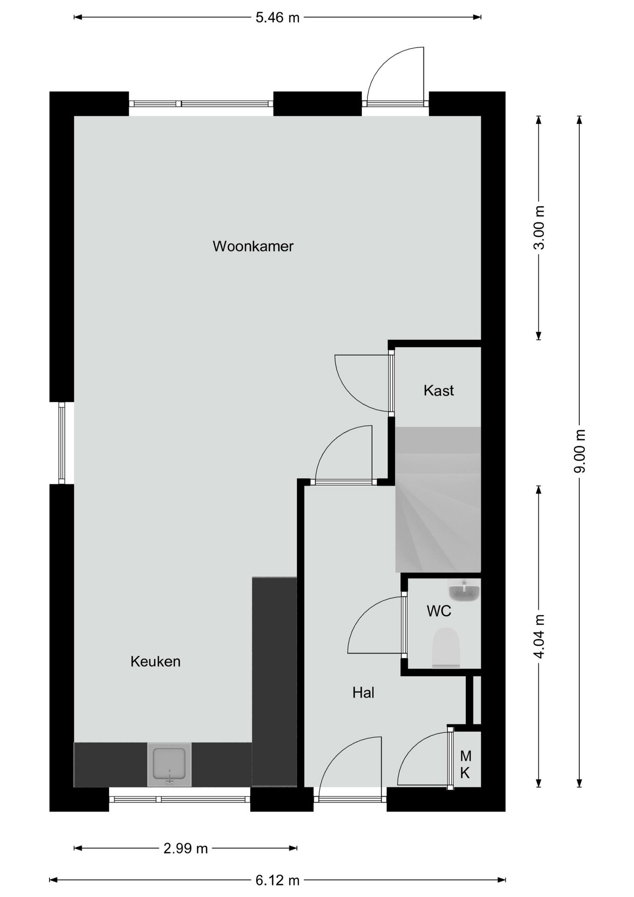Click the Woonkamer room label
point(253,246)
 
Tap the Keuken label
point(155,661)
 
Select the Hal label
point(363,692)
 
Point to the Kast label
point(438,391)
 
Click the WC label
point(439,611)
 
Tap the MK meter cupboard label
point(465,764)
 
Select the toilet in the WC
point(446,648)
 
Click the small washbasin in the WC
point(464,591)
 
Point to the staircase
point(438,500)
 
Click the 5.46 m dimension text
point(277,18)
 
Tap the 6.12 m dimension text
point(277,880)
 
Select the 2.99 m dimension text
point(185,848)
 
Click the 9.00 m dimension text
point(579,451)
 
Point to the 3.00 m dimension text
point(539,228)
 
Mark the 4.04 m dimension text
point(539,636)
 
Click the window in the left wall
point(62,443)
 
